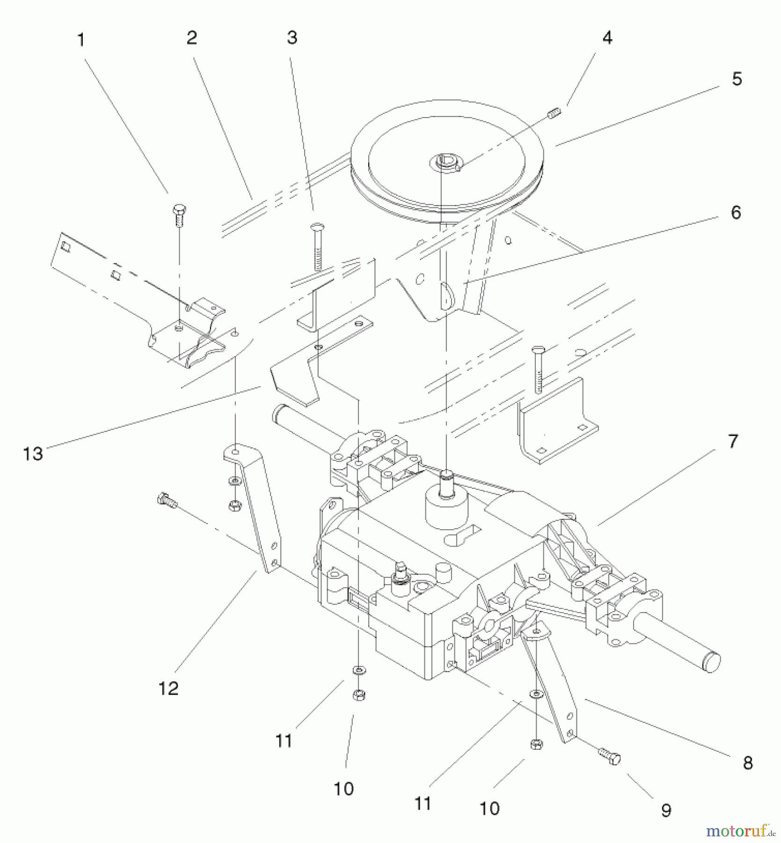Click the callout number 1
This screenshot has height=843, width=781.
[81, 40]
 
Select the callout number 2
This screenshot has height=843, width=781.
[191, 38]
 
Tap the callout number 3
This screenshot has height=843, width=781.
[292, 37]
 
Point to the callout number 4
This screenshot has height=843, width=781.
[607, 37]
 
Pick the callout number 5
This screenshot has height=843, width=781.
[737, 79]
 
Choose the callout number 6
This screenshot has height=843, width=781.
[736, 212]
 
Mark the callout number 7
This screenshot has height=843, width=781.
[732, 441]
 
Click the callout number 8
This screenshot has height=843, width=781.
[747, 763]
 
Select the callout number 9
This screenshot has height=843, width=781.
[666, 810]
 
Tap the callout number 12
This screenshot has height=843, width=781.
[168, 688]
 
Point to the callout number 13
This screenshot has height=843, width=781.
[33, 453]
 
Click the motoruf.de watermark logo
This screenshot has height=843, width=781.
[740, 831]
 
